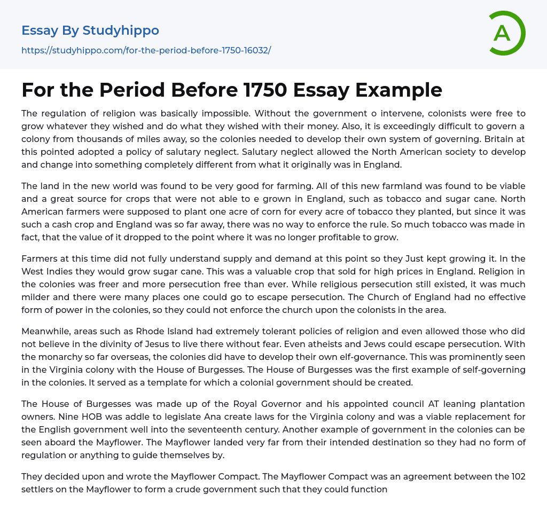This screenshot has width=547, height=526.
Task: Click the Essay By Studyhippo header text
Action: coord(90,30)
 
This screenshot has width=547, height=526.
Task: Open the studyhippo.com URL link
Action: coord(146,50)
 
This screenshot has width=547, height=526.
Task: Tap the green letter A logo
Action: coord(502,33)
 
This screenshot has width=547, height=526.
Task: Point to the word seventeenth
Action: coord(235,429)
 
